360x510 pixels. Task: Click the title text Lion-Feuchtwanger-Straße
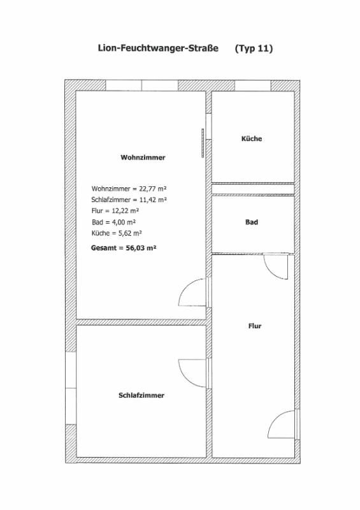coord(158,48)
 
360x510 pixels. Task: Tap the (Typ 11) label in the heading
coord(254,48)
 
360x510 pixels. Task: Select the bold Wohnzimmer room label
coord(143,157)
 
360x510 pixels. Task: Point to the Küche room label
coord(252,138)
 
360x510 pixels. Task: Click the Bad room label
coord(252,222)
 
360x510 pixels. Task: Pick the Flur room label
coord(255,326)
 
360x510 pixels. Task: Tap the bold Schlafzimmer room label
coord(141,395)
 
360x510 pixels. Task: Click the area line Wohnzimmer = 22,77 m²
coord(129,189)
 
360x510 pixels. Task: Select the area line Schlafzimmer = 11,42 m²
coord(129,200)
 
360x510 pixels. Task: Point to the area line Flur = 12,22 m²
coord(115,211)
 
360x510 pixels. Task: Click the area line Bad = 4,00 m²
coord(114,222)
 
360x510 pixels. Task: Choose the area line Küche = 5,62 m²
coord(117,233)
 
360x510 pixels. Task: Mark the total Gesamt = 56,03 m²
coord(124,248)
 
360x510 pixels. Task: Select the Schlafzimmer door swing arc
coord(186,379)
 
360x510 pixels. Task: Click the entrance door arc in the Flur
coord(275,418)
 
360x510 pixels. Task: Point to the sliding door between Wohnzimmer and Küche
coord(203,143)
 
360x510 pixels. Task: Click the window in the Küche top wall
coord(253,85)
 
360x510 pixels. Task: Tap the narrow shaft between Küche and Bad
coord(253,189)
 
